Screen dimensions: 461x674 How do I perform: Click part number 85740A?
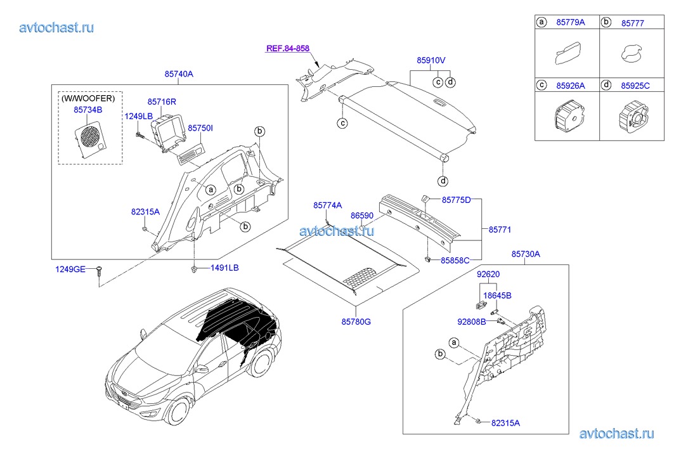pos(179,74)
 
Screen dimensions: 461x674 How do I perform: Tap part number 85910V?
pos(431,60)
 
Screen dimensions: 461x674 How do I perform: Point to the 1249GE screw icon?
pos(99,271)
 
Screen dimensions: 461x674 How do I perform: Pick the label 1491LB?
pos(224,268)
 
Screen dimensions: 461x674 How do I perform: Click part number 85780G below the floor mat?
pos(355,321)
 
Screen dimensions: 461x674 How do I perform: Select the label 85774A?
pos(327,205)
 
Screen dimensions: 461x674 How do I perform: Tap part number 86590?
pos(363,216)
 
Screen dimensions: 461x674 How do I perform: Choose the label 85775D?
pos(457,200)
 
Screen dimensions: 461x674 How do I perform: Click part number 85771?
pos(499,229)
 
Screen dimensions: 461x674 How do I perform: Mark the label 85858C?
pos(456,260)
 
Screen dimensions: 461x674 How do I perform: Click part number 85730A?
pos(526,254)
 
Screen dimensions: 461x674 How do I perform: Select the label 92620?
pos(489,275)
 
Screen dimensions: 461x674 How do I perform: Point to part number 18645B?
pos(497,295)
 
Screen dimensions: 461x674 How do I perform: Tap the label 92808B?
pos(471,321)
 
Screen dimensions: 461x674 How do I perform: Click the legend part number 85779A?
pos(571,22)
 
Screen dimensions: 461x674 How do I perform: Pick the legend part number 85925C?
pos(635,84)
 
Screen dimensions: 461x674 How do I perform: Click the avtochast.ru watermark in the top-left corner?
pos(57,27)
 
